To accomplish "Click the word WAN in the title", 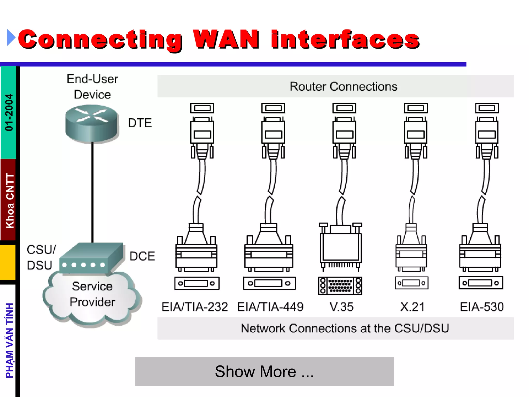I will pos(226,39).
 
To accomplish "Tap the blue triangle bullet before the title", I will pos(11,38).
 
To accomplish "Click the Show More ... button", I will pos(264,371).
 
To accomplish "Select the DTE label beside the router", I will pos(140,123).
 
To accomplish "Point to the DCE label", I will pos(142,256).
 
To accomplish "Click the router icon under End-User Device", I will pos(92,124).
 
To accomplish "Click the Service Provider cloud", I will pos(92,300).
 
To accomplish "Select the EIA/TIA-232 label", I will pos(195,307).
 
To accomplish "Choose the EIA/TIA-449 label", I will pos(270,307).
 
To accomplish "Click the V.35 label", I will pos(341,307).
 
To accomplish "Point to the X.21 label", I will pos(412,307).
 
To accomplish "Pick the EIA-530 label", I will pos(482,307).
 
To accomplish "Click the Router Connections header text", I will pos(343,86).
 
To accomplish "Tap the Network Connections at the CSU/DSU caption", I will pos(345,328).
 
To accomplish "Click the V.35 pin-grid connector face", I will pos(340,286).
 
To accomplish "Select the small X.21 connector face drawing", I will pos(411,283).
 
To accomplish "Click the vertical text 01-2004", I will pos(9,112).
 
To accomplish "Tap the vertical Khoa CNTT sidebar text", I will pos(10,201).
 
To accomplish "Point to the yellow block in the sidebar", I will pos(8,263).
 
